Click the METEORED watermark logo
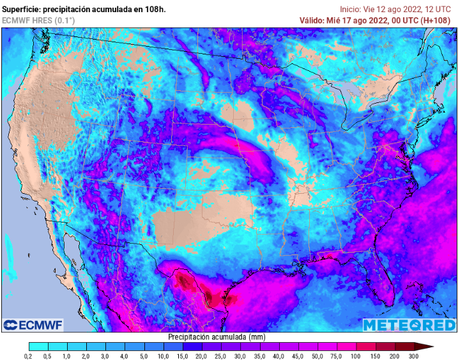point(409,325)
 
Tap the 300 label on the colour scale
point(413,356)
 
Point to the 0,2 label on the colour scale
point(29,356)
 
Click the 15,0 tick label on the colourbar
point(183,356)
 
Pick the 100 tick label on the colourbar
point(356,356)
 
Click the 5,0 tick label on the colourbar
point(144,356)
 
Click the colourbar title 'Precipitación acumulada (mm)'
point(217,336)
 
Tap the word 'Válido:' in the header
point(313,20)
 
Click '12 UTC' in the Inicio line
point(440,9)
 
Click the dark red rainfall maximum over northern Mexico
point(186,279)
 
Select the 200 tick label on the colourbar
point(394,356)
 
